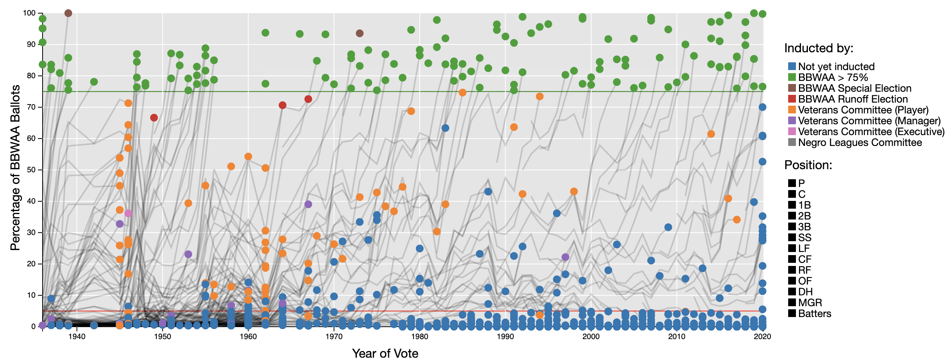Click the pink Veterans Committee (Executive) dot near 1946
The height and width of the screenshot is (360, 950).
[128, 213]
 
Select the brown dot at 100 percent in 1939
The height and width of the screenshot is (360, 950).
[68, 13]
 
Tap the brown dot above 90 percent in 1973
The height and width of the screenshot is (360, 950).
[360, 33]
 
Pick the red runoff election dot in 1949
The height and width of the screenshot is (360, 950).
[154, 118]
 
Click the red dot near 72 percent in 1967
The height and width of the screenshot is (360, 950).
[308, 99]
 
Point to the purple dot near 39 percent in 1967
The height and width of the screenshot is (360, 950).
[308, 204]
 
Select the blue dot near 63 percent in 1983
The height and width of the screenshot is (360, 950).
[445, 128]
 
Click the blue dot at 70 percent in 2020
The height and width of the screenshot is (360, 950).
[762, 107]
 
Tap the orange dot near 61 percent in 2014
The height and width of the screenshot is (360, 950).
[711, 134]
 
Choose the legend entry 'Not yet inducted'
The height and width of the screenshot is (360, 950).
[836, 67]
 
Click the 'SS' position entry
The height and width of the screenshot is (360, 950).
[804, 238]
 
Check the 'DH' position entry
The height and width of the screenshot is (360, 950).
[805, 292]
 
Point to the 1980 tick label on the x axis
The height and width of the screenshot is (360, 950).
[420, 337]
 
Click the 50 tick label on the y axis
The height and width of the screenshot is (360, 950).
[31, 170]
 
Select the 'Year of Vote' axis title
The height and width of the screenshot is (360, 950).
[385, 353]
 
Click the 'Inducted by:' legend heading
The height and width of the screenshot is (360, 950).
[819, 48]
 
